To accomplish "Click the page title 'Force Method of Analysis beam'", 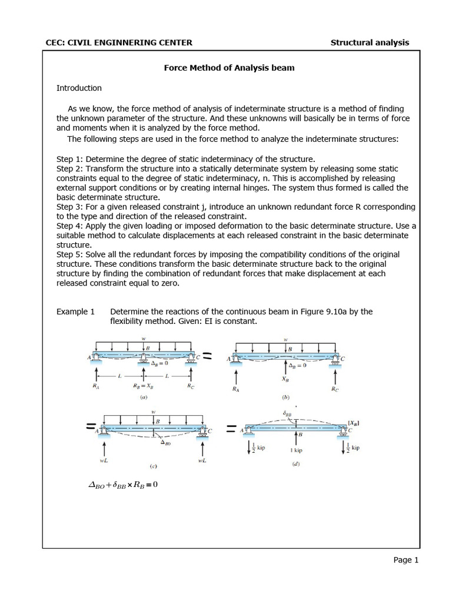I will tap(229, 68).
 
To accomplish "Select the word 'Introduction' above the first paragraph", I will tap(79, 88).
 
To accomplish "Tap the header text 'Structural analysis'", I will tap(370, 42).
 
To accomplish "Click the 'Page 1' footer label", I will tap(406, 560).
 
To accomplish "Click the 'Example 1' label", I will tap(75, 312).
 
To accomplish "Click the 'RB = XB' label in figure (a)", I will tap(144, 387).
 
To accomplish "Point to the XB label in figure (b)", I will tap(285, 380).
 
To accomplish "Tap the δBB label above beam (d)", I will tap(287, 415).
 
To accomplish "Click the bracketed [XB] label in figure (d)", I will tap(354, 423).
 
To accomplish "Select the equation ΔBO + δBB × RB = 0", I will tap(122, 485).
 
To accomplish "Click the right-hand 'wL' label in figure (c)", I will tap(203, 462).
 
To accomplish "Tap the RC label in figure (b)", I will tap(335, 389).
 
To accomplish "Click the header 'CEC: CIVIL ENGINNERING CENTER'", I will tap(119, 42).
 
